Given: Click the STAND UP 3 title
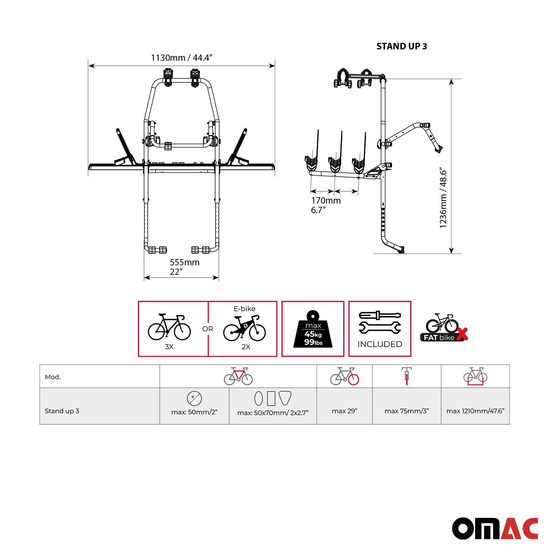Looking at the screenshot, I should click(402, 46).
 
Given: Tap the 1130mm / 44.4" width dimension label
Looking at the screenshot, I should click(182, 58).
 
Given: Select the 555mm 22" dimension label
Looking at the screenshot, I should click(184, 267).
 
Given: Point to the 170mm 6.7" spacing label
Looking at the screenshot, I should click(326, 205).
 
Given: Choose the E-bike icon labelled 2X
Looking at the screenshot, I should click(244, 327).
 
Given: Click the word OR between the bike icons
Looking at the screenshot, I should click(208, 329).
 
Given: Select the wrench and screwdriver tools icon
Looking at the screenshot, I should click(380, 322).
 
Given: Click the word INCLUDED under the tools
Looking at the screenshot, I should click(380, 344).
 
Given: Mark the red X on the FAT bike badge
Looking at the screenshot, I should click(463, 334).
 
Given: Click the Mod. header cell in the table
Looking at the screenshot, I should click(53, 377).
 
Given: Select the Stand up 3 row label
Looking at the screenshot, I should click(62, 411).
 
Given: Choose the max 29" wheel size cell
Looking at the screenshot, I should click(344, 411).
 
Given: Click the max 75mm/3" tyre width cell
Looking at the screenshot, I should click(406, 411).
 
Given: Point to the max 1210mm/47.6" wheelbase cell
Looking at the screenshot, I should click(475, 411).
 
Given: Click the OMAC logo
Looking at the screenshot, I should click(495, 529).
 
